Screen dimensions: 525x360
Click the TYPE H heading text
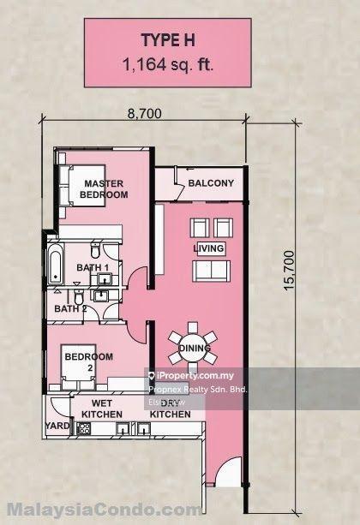179,39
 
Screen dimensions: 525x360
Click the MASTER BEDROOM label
104,188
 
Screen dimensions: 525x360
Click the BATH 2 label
71,308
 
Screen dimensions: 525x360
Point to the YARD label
57,425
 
